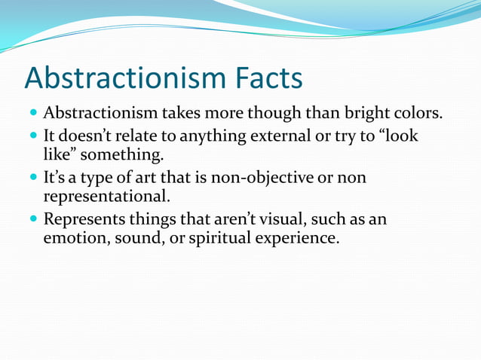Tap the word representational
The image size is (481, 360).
(x=106, y=197)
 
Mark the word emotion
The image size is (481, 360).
(x=75, y=238)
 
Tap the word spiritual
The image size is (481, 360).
(x=216, y=238)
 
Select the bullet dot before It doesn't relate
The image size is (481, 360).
(x=33, y=137)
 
